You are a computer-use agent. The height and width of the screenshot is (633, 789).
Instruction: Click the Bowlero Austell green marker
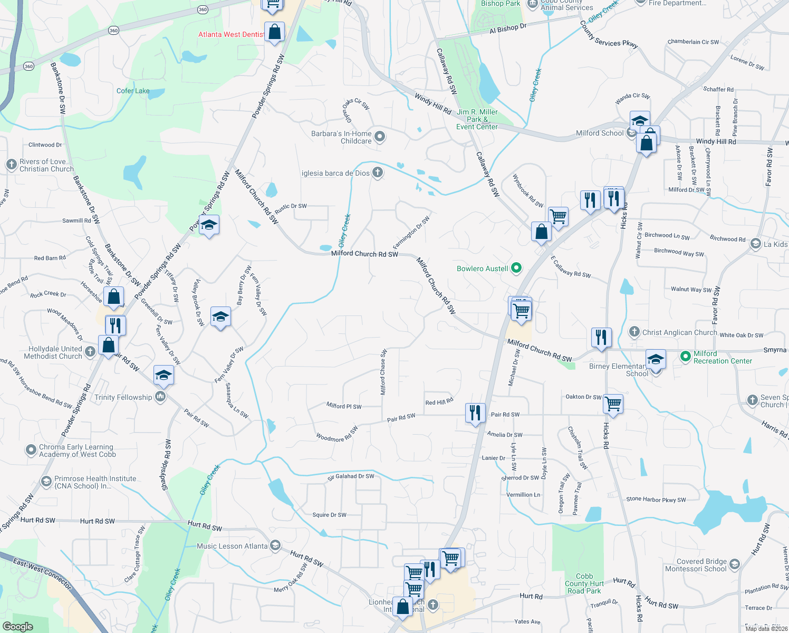(x=516, y=268)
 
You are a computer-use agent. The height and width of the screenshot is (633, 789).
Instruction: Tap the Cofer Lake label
(x=133, y=91)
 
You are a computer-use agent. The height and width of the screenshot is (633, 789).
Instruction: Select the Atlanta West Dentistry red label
(x=231, y=34)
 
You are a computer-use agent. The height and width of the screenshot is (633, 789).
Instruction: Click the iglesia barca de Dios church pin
(x=378, y=172)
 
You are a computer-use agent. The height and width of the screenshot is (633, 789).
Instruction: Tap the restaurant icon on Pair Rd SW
(x=475, y=413)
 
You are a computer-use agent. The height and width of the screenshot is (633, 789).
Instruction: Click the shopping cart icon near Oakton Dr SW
(x=613, y=404)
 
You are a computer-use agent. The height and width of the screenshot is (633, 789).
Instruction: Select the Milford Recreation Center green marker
(x=685, y=357)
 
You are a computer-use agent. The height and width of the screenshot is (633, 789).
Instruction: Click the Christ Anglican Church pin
(x=634, y=332)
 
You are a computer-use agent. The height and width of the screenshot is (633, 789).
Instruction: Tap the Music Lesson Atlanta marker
(x=275, y=546)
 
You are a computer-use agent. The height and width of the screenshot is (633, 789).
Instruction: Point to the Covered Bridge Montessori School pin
(x=734, y=565)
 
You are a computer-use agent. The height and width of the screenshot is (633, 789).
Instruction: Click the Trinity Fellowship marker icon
(x=160, y=397)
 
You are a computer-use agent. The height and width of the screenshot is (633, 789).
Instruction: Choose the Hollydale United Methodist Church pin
(x=90, y=352)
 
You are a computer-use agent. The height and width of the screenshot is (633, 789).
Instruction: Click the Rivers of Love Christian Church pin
(x=12, y=165)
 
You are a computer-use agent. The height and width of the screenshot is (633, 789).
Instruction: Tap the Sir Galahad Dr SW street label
(x=351, y=476)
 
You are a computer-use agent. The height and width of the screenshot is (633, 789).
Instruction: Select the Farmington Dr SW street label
(x=411, y=233)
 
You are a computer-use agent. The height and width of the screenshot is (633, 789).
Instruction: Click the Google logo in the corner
(x=17, y=626)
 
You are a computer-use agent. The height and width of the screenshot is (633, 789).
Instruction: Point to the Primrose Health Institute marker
(x=46, y=482)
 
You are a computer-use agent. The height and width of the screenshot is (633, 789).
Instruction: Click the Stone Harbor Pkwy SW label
(x=656, y=499)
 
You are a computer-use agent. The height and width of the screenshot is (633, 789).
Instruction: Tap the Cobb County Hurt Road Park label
(x=584, y=583)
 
